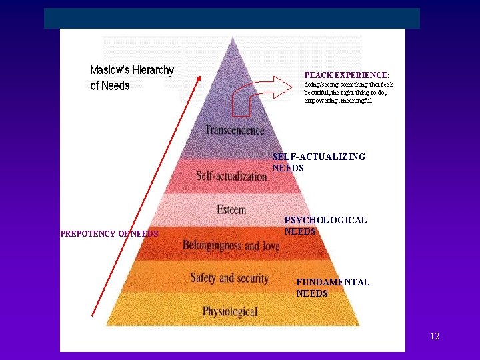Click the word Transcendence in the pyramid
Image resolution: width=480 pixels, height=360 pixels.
[x=234, y=131]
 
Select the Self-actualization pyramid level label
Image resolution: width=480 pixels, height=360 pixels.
[x=231, y=176]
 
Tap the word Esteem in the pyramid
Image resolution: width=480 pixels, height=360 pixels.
[x=231, y=210]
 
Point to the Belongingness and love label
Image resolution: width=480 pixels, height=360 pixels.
[x=231, y=245]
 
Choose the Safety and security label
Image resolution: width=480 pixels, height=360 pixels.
[x=229, y=278]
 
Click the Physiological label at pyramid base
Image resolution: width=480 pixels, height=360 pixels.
[x=230, y=311]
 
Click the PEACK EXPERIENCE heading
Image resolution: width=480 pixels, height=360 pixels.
[x=347, y=75]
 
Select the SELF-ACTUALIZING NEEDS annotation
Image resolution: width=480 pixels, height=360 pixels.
[x=319, y=162]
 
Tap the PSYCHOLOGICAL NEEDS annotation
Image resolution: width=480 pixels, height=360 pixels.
[x=325, y=225]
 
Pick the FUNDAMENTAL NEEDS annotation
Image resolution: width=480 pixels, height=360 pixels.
[x=333, y=287]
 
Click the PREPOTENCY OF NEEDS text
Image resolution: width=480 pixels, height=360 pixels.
[x=109, y=234]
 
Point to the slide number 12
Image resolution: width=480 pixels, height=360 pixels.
[x=435, y=336]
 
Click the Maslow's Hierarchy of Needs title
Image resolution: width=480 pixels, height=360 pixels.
[x=131, y=77]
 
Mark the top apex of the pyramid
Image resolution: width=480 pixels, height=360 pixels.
[x=233, y=37]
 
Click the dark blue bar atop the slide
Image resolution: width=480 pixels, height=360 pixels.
[x=232, y=18]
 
